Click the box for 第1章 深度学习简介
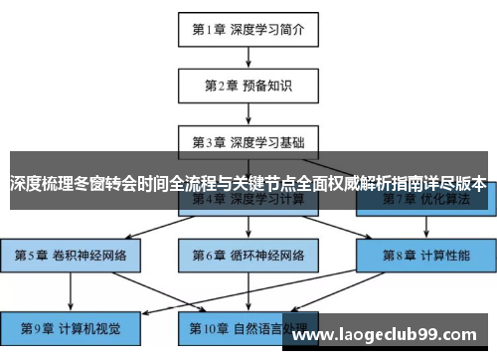pos(248,30)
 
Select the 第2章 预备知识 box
pos(248,86)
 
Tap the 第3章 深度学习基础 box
pos(248,142)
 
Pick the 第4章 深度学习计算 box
pos(248,199)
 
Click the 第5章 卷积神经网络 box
pos(71,256)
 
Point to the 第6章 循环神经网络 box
pos(248,256)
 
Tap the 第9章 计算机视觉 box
pos(71,326)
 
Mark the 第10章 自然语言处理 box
pos(248,326)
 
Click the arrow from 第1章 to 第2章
pos(248,58)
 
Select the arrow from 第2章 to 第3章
pos(248,114)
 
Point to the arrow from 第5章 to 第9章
pos(71,290)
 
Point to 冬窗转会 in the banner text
pos(104,184)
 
